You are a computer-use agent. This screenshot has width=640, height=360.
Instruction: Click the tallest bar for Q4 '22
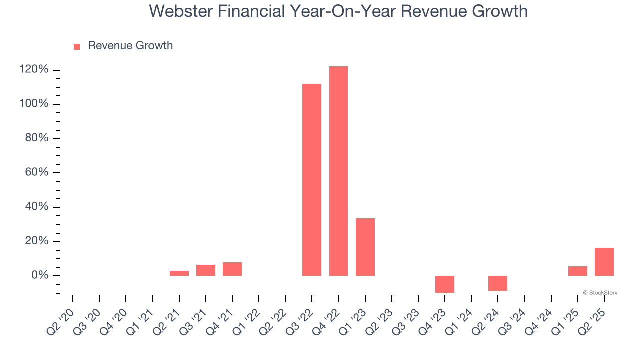click(338, 171)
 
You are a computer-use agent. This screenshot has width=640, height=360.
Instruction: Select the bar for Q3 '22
click(312, 180)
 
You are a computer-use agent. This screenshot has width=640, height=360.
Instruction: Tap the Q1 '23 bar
click(365, 247)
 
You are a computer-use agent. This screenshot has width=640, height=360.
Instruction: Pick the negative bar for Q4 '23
click(445, 284)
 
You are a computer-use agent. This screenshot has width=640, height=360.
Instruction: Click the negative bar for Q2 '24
click(498, 283)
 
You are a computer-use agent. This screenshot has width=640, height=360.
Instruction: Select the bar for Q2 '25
click(604, 262)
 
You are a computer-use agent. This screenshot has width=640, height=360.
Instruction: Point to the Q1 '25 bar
click(578, 271)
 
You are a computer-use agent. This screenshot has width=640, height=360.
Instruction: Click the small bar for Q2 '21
click(179, 273)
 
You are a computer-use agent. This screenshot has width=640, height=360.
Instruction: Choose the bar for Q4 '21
click(232, 269)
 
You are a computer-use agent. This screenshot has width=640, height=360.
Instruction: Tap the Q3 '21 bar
click(206, 270)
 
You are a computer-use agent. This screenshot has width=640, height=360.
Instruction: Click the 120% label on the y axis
click(34, 69)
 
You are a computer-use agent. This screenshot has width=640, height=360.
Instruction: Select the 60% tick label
click(37, 172)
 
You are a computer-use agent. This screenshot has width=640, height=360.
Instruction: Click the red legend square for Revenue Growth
click(77, 46)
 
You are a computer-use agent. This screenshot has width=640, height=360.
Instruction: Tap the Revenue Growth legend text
click(130, 46)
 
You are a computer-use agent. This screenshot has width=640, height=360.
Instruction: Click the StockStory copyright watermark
click(600, 293)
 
